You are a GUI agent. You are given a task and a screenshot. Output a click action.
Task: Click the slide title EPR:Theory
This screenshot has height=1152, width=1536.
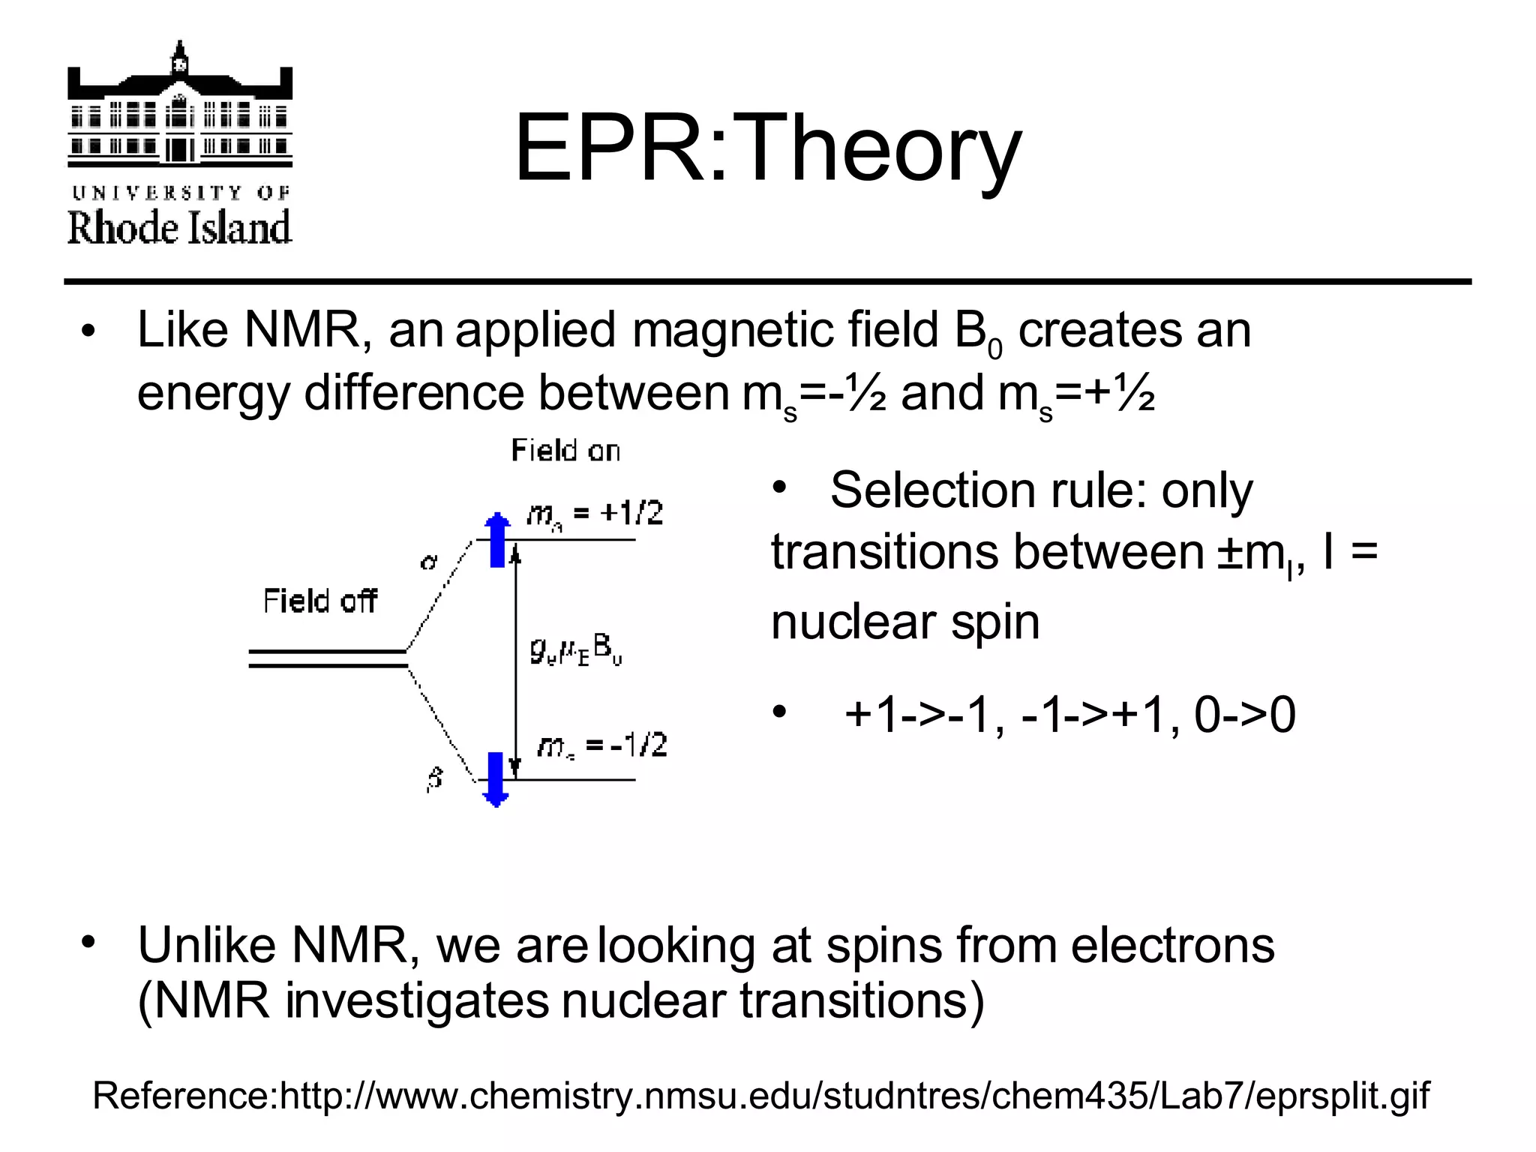[x=767, y=148]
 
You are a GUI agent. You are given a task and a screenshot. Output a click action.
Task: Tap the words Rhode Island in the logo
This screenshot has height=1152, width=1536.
[x=180, y=227]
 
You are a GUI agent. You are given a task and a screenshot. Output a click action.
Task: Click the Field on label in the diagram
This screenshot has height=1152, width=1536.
[x=565, y=451]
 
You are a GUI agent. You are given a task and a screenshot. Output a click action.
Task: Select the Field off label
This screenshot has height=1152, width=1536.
[x=319, y=601]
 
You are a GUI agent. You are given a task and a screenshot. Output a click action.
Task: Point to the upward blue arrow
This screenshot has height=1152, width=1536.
[x=496, y=538]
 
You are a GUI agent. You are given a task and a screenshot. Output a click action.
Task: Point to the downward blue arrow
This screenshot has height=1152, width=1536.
[x=496, y=779]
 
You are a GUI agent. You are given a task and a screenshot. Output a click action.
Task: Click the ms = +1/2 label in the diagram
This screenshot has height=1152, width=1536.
[x=595, y=514]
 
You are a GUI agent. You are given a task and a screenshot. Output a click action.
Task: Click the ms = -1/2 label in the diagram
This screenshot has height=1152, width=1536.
[x=602, y=745]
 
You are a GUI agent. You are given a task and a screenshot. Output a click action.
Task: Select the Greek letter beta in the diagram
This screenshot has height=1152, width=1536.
[x=435, y=778]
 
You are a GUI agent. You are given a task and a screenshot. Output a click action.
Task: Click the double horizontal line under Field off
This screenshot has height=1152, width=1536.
[x=328, y=658]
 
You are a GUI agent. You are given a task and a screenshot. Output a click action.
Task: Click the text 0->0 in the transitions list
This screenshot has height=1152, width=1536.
[x=1244, y=714]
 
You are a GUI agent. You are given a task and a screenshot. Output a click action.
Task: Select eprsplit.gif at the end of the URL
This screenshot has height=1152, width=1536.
[x=1342, y=1095]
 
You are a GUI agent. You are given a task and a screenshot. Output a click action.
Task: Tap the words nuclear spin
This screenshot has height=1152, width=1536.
[x=905, y=622]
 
